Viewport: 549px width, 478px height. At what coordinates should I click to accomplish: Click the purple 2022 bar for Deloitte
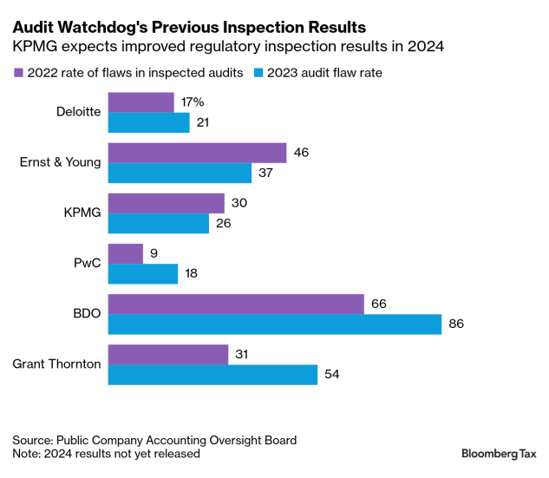click(x=141, y=102)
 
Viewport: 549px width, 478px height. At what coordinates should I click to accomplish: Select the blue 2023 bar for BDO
click(x=275, y=324)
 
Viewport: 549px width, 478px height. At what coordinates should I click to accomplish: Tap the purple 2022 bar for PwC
click(x=126, y=253)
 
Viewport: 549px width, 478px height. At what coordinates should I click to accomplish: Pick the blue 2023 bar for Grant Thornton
click(x=212, y=374)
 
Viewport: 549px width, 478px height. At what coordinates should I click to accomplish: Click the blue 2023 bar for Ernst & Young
click(x=180, y=173)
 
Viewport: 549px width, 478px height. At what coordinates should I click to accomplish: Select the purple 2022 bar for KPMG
click(x=166, y=203)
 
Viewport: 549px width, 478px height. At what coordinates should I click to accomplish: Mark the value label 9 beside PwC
click(x=154, y=253)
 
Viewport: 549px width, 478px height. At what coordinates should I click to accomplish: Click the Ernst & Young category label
click(x=60, y=162)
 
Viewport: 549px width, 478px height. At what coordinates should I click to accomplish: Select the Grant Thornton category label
click(x=56, y=363)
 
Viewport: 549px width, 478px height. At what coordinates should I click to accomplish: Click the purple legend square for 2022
click(x=17, y=73)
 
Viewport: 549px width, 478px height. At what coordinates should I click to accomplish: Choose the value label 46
click(x=301, y=153)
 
